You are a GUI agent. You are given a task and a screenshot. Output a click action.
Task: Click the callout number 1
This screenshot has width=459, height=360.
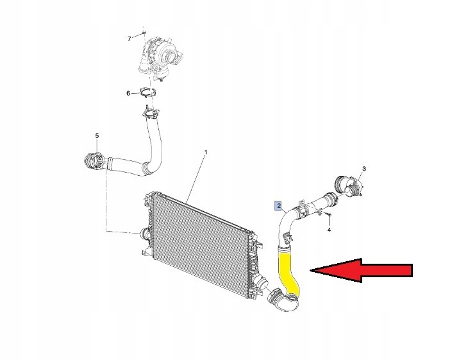[206, 152]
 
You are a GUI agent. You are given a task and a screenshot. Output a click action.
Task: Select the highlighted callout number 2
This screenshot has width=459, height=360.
[279, 206]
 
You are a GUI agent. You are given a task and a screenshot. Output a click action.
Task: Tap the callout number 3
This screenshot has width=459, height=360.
[364, 169]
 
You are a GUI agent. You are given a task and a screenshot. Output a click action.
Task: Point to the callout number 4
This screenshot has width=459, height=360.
[329, 230]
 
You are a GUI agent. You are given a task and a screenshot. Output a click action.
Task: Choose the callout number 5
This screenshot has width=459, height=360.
[97, 135]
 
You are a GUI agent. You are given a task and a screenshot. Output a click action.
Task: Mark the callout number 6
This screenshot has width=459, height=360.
[128, 94]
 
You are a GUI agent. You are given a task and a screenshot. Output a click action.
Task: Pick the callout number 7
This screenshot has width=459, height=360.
[129, 39]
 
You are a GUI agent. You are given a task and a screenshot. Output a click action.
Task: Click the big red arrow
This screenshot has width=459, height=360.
[362, 270]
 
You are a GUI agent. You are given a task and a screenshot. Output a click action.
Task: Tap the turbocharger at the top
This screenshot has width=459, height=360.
[160, 58]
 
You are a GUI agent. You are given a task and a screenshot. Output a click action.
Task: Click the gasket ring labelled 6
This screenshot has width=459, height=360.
[148, 92]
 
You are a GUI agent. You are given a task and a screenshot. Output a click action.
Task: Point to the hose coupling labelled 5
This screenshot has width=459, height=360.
[94, 161]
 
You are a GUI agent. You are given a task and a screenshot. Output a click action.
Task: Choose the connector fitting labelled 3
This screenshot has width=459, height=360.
[347, 185]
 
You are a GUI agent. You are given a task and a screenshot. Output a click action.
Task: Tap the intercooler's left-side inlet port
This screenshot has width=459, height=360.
[145, 234]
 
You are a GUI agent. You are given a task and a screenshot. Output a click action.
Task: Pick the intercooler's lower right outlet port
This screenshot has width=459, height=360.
[260, 282]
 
